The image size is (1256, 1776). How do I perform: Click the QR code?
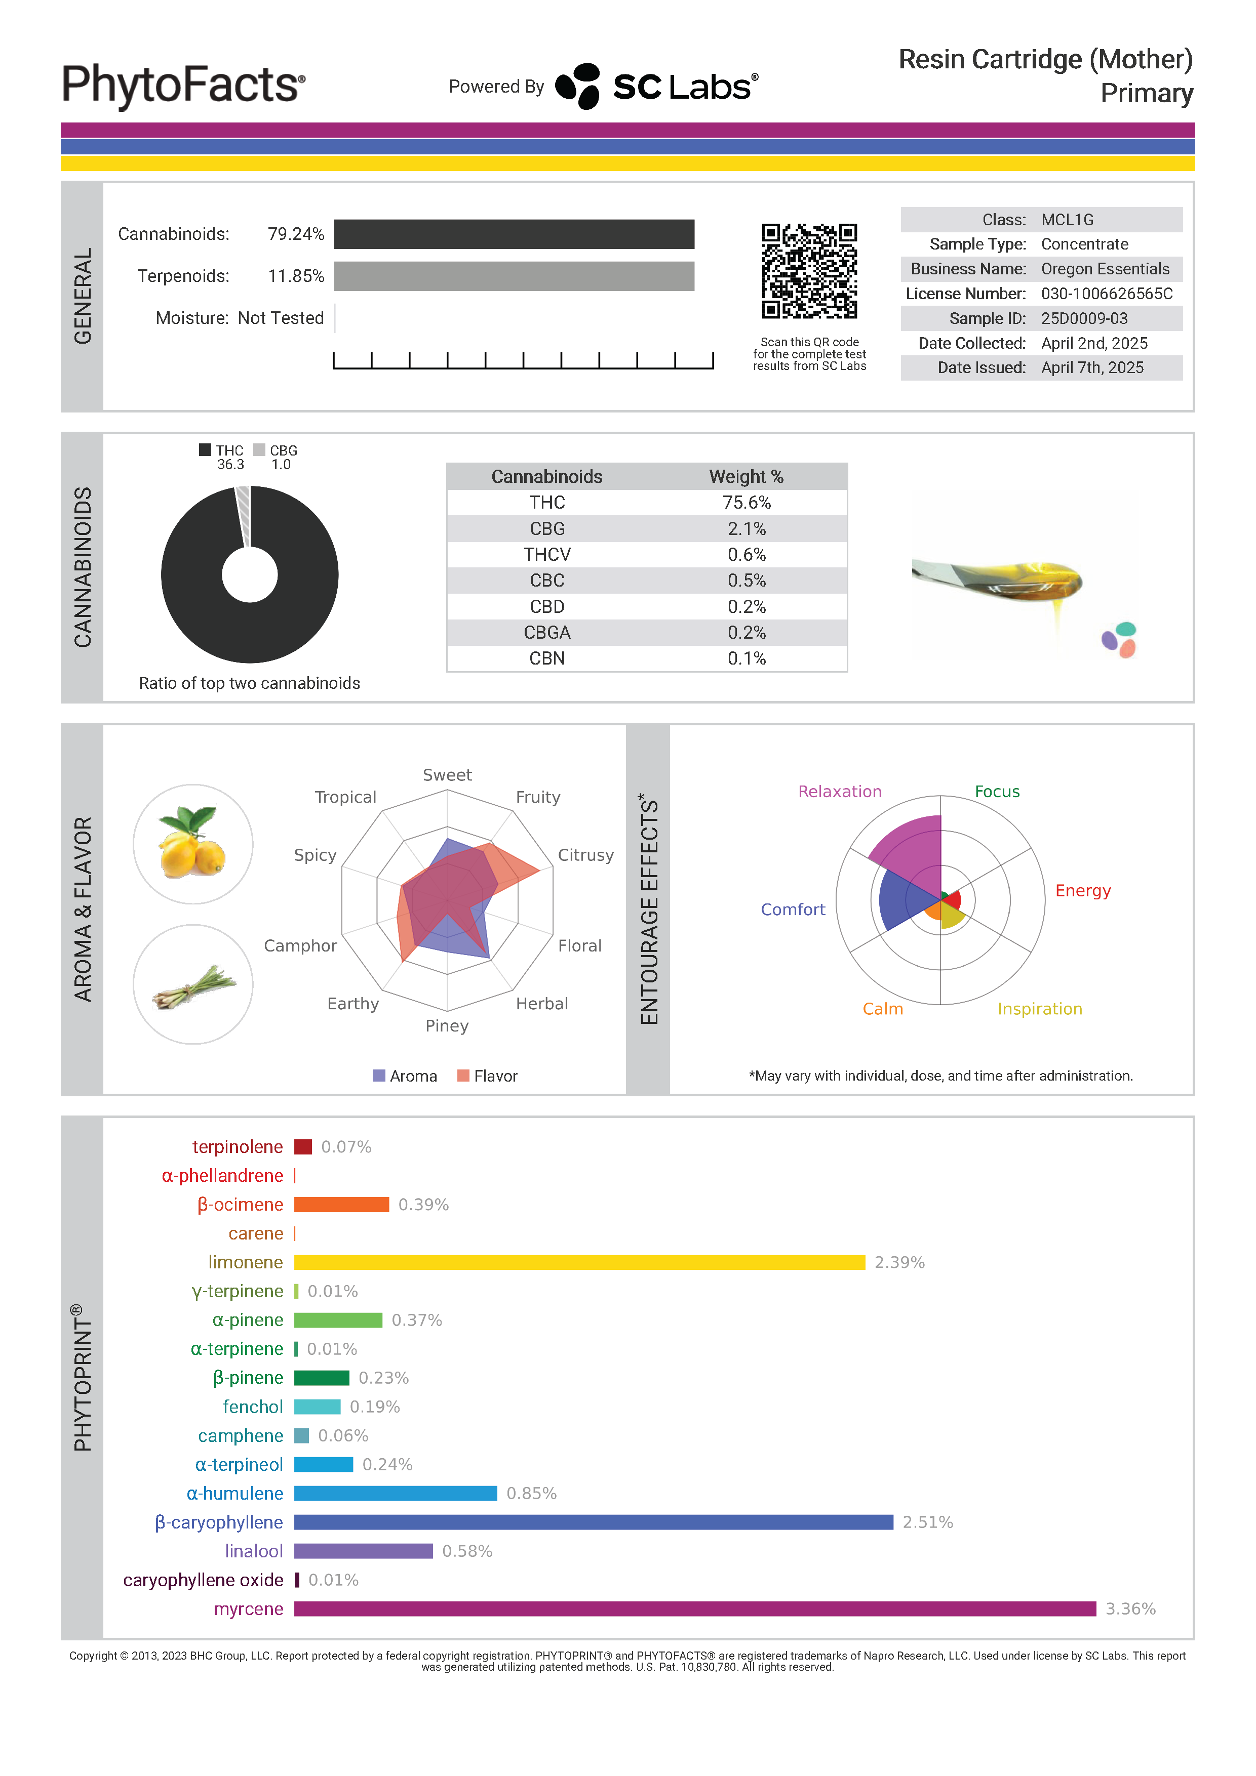click(809, 271)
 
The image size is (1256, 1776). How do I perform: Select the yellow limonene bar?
click(579, 1262)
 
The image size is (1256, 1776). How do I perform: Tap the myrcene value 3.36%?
click(1130, 1609)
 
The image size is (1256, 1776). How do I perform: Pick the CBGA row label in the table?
click(546, 633)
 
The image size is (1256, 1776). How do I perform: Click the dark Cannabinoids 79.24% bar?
click(514, 234)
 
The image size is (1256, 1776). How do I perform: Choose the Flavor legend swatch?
click(463, 1076)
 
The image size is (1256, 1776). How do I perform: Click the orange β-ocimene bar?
click(341, 1205)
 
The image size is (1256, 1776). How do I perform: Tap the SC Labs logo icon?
click(578, 86)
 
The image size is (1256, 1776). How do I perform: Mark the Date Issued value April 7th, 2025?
click(1092, 368)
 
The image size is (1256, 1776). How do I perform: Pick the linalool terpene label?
click(254, 1552)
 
